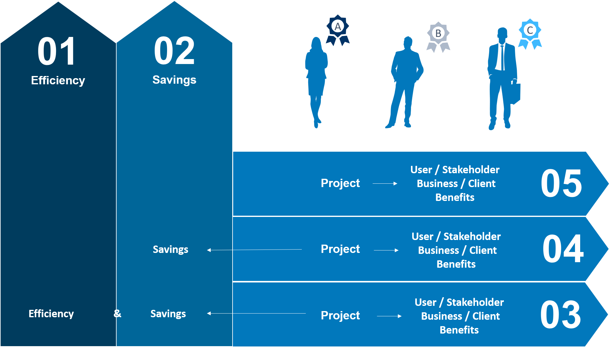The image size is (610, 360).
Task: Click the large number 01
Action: [x=56, y=51]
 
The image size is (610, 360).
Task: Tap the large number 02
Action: [x=174, y=51]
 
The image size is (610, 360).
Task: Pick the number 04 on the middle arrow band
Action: [x=563, y=249]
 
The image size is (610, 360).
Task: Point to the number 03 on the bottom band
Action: [x=560, y=314]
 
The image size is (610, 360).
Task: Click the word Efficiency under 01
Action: [x=58, y=80]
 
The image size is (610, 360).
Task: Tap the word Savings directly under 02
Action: [x=174, y=80]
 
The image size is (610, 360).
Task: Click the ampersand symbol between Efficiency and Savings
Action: [x=117, y=314]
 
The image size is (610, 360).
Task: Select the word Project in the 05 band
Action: [x=340, y=183]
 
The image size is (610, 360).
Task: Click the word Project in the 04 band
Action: [x=340, y=249]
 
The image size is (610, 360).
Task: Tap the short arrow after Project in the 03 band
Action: [x=389, y=316]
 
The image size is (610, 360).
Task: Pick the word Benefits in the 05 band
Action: [x=455, y=197]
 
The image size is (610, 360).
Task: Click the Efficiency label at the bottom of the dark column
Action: [x=51, y=314]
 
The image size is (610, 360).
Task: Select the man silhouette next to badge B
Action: [x=404, y=82]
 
